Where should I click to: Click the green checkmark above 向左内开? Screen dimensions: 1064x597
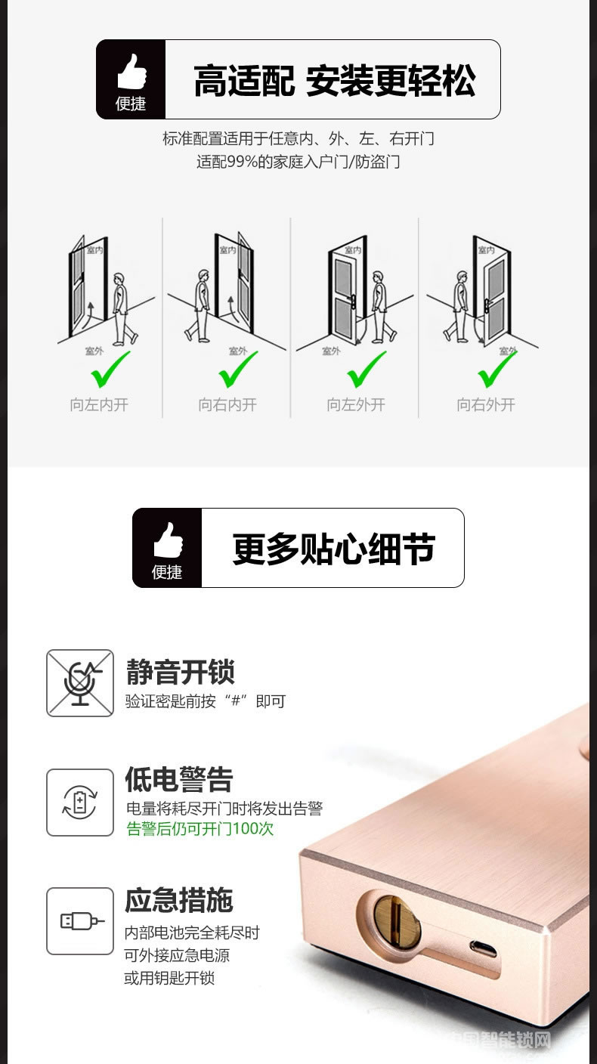[x=110, y=369]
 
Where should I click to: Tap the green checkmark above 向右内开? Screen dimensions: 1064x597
[x=238, y=369]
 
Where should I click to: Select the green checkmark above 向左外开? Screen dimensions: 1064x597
[x=367, y=369]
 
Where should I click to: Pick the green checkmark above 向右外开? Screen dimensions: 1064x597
[x=496, y=369]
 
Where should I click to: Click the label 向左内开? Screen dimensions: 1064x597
[x=99, y=405]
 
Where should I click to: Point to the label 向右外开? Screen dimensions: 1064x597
[x=486, y=405]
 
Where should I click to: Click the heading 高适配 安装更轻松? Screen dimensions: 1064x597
[x=335, y=81]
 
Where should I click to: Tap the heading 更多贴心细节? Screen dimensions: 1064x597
[x=333, y=549]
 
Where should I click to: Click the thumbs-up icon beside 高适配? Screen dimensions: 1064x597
[x=131, y=71]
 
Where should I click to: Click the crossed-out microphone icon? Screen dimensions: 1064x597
[x=80, y=683]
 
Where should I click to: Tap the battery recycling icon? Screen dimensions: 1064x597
[x=80, y=803]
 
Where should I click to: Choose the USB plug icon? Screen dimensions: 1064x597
[x=80, y=921]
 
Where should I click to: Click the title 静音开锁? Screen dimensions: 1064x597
[x=180, y=672]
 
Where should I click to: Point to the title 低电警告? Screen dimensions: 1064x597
[x=179, y=780]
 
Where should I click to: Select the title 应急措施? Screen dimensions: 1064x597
[x=179, y=900]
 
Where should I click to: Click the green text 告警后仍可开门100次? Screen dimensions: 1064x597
[x=200, y=829]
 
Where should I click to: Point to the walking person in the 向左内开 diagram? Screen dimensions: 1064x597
[x=123, y=310]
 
